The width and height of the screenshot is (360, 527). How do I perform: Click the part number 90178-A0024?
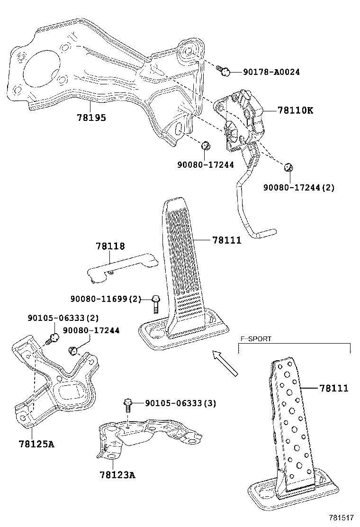271,72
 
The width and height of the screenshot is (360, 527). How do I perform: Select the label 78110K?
295,110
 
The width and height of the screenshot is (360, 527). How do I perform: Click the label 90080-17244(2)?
298,187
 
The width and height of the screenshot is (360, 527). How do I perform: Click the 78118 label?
110,246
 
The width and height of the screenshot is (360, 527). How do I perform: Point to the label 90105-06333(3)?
180,403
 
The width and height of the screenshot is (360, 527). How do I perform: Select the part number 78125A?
36,444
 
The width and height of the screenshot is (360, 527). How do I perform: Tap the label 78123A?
118,474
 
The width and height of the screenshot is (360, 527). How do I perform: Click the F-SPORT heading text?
256,339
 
